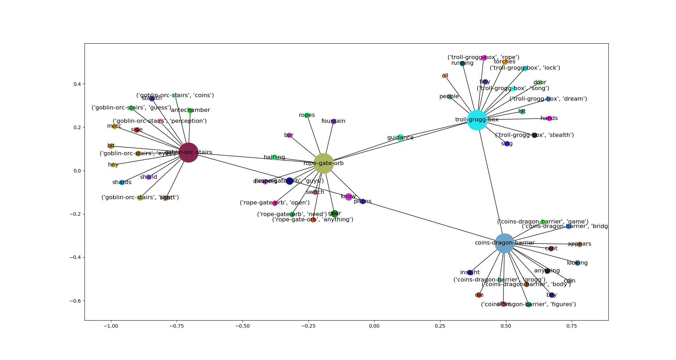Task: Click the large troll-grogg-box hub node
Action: pyautogui.click(x=477, y=120)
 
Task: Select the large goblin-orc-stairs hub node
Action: pyautogui.click(x=188, y=153)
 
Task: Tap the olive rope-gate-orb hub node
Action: pyautogui.click(x=323, y=163)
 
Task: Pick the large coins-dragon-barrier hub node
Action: pyautogui.click(x=505, y=243)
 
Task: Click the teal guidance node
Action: pyautogui.click(x=400, y=138)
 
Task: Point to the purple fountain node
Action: pyautogui.click(x=333, y=121)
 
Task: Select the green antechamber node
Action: pyautogui.click(x=190, y=110)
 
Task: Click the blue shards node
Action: pyautogui.click(x=122, y=182)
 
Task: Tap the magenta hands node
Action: pyautogui.click(x=549, y=118)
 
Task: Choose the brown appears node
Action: pyautogui.click(x=580, y=244)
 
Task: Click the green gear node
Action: pyautogui.click(x=334, y=214)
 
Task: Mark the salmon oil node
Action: pyautogui.click(x=445, y=76)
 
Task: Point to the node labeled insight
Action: pyautogui.click(x=470, y=272)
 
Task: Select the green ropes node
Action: pyautogui.click(x=307, y=115)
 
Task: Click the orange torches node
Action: pyautogui.click(x=505, y=62)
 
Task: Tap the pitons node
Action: pyautogui.click(x=363, y=201)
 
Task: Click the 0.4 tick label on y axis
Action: pyautogui.click(x=77, y=84)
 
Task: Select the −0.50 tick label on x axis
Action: pyautogui.click(x=242, y=326)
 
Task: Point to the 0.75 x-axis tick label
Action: pyautogui.click(x=571, y=326)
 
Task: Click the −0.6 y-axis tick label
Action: pyautogui.click(x=76, y=301)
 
